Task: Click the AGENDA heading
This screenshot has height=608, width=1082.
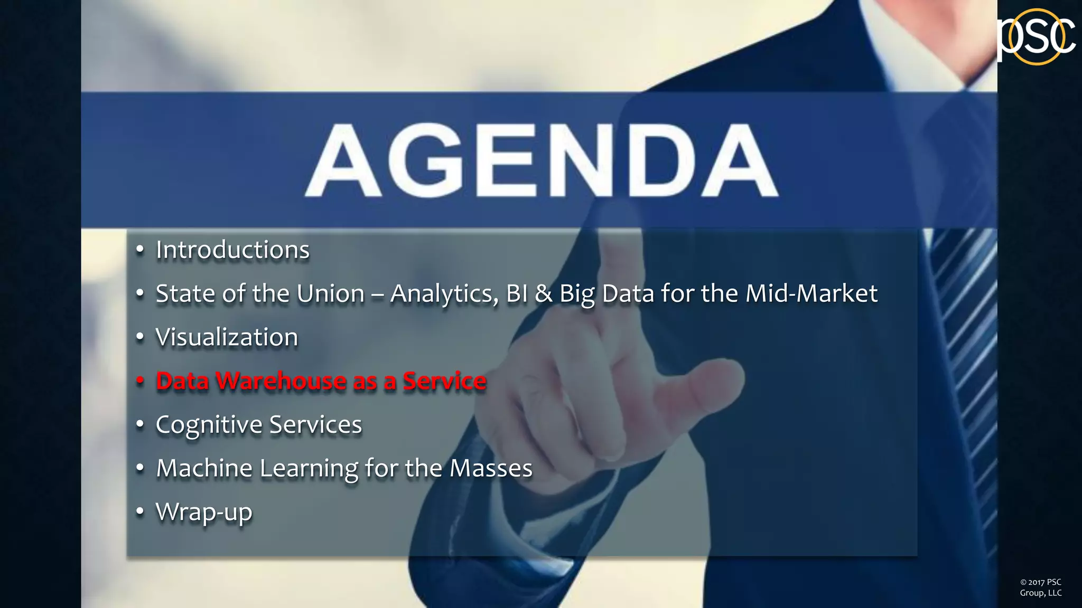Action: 541,160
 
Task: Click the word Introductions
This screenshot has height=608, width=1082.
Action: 232,250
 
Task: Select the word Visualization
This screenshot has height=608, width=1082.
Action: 227,338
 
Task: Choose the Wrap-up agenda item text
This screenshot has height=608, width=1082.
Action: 204,512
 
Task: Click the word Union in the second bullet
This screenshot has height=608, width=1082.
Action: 330,294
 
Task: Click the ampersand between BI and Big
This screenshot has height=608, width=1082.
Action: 543,294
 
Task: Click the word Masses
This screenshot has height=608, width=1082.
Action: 491,469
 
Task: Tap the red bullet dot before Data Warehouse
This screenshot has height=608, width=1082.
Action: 140,381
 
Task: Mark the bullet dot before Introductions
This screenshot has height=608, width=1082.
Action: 140,250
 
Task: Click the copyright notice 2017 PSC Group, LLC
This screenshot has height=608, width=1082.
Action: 1040,587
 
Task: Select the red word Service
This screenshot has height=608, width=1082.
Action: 444,381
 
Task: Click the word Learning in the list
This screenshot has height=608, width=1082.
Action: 309,469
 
